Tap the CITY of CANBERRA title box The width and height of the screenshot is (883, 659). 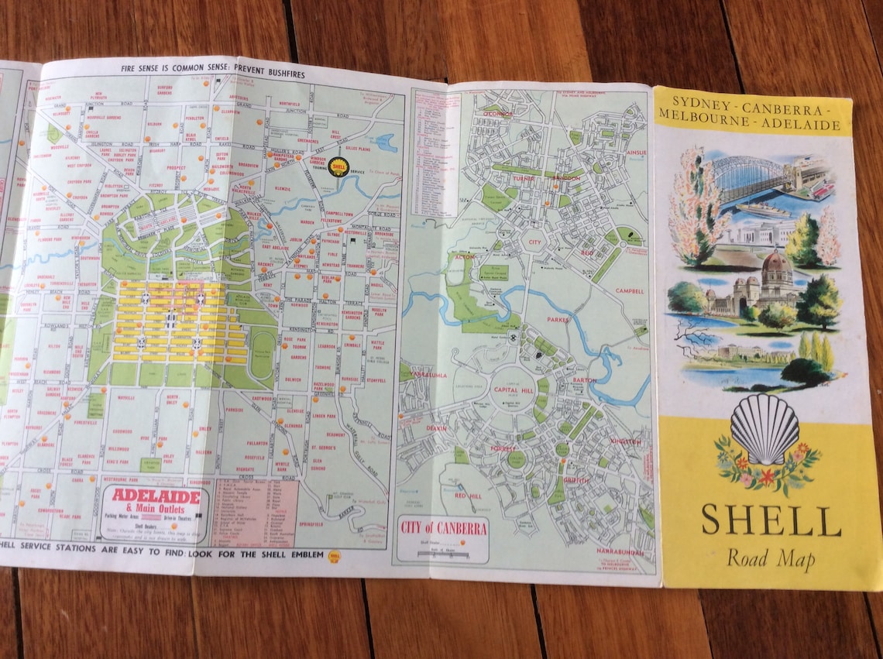[444, 529]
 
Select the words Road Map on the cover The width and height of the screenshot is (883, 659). [771, 558]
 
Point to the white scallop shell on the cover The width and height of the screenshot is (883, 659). [764, 428]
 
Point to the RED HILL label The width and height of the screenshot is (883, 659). [469, 496]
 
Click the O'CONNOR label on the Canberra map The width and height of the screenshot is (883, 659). [498, 115]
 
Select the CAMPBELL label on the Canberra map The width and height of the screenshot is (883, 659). [630, 292]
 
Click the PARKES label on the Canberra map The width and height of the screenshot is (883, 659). [558, 319]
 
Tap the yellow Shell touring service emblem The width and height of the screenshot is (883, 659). [338, 166]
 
